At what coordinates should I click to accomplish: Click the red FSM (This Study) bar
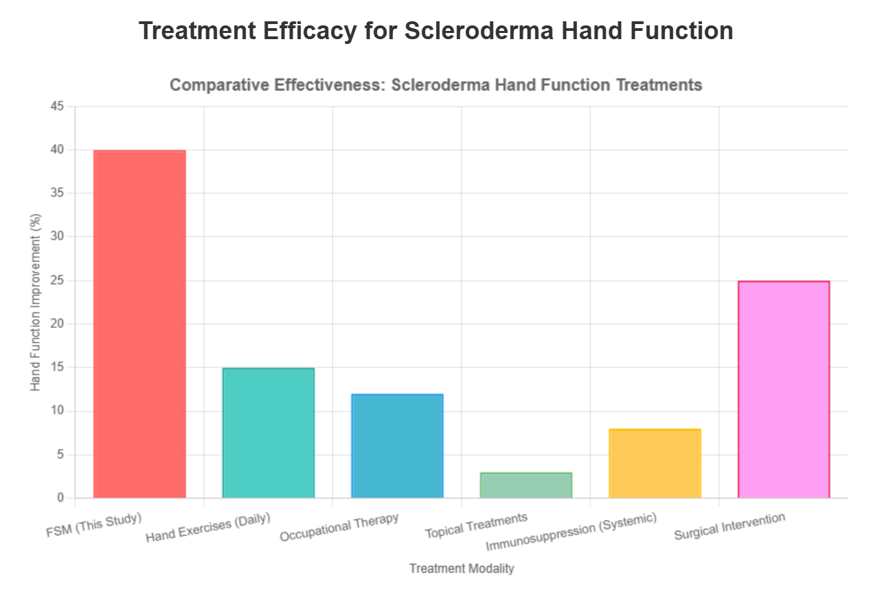click(x=139, y=324)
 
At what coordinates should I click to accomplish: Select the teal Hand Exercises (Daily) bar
click(x=269, y=433)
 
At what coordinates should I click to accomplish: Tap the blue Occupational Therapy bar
click(x=397, y=446)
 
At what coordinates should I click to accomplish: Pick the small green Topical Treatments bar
click(x=526, y=485)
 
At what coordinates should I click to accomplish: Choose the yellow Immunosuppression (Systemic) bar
click(x=655, y=463)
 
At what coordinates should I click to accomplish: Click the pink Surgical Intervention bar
click(x=784, y=389)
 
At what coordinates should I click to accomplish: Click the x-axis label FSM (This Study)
click(x=94, y=524)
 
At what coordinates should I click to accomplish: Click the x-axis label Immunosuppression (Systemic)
click(x=572, y=532)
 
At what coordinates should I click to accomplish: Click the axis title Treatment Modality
click(x=462, y=569)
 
